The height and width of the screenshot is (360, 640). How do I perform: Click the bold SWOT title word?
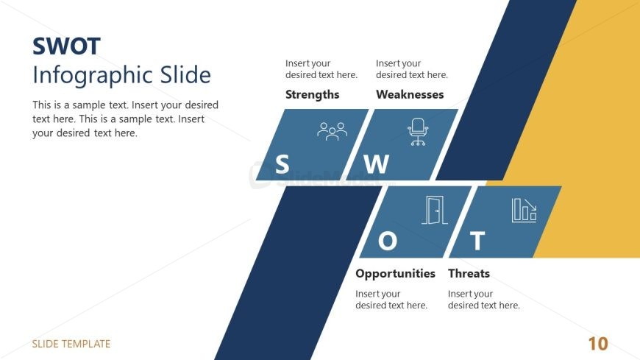[66, 46]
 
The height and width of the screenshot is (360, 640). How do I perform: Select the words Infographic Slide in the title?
[121, 76]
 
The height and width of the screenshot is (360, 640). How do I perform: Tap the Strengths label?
[312, 95]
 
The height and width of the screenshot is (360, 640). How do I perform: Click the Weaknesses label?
[410, 94]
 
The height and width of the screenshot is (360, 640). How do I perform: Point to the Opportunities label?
[395, 274]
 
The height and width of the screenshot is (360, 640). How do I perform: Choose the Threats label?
[469, 273]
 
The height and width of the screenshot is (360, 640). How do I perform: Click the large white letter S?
[282, 164]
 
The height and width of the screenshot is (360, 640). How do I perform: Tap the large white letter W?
[376, 164]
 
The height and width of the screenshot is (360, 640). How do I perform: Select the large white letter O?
[388, 241]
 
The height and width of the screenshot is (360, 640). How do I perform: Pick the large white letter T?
[477, 241]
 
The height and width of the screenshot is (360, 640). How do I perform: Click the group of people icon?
[333, 131]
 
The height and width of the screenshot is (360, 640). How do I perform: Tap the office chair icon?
[418, 132]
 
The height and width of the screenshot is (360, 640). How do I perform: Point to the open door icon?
[435, 211]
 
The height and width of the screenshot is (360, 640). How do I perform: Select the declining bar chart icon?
[524, 211]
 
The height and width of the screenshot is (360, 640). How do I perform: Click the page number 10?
[598, 344]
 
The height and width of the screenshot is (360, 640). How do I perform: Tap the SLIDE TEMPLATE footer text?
[71, 344]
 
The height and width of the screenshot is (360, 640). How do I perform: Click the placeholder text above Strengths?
[321, 69]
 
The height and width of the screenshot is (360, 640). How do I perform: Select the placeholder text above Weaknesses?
[412, 69]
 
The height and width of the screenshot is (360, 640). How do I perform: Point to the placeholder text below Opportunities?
[391, 300]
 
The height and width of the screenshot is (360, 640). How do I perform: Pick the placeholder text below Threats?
[483, 300]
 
